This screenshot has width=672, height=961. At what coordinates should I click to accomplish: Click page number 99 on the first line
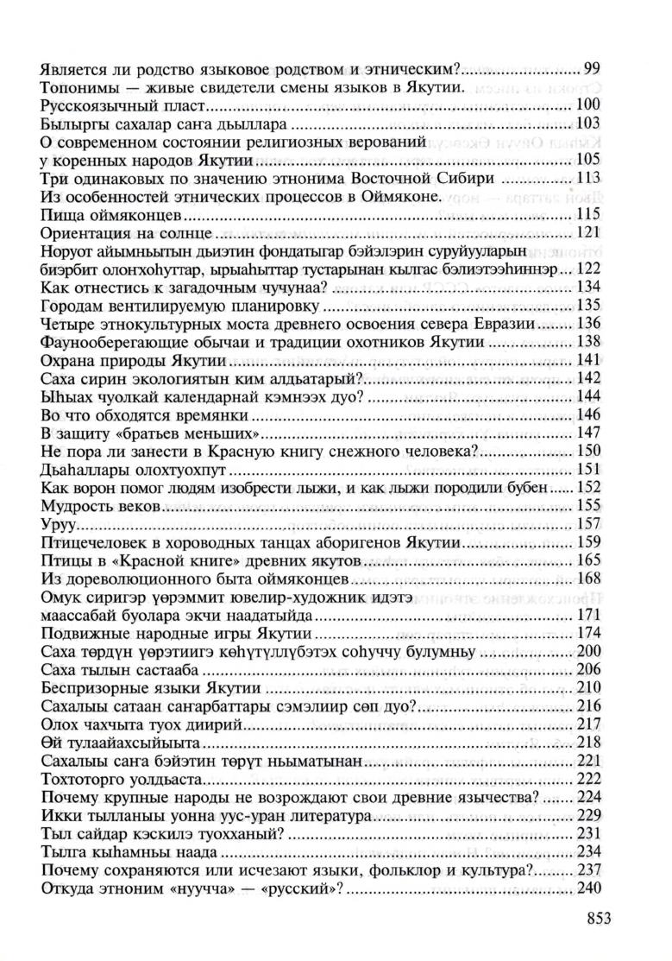pos(592,67)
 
